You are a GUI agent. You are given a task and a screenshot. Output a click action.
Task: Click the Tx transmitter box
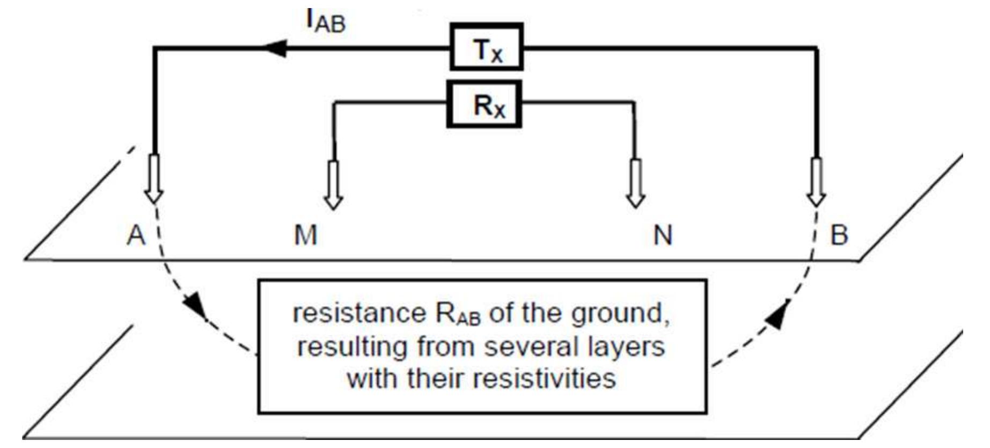pos(486,47)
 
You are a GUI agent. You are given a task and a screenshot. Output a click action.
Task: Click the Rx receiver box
pos(485,104)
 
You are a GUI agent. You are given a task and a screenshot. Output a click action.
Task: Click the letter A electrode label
pos(136,235)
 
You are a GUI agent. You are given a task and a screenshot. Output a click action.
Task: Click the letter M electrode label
pos(306,235)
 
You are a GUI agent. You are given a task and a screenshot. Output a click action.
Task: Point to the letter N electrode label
pos(663,235)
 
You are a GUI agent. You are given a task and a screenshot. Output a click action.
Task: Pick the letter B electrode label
pos(839,235)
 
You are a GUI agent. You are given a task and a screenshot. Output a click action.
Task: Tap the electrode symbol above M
pos(333,184)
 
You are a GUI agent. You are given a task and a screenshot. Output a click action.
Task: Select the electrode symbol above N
pos(636,183)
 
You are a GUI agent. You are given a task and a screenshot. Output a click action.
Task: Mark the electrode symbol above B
pos(816,181)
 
